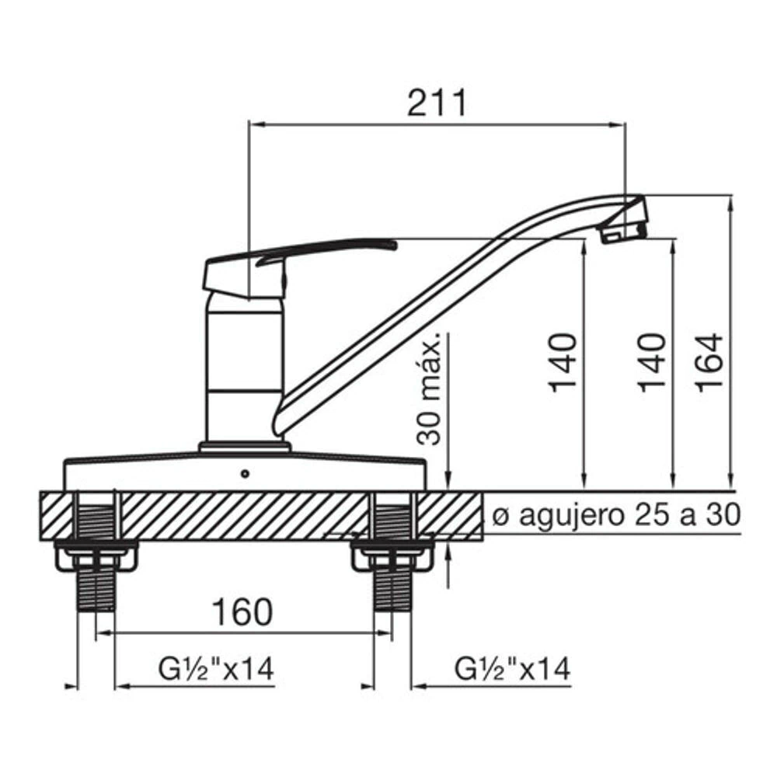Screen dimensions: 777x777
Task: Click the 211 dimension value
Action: [437, 103]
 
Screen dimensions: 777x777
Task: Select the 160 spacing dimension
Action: [242, 611]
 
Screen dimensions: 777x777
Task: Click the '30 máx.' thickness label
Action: [429, 388]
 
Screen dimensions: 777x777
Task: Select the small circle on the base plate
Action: [245, 474]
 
